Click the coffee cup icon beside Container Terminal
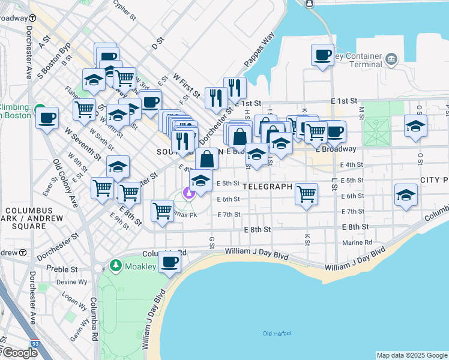pos(322,56)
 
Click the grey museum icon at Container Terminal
pos(391,59)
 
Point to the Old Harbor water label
pos(276,334)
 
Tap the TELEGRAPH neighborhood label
pos(268,187)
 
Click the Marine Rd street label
pos(357,243)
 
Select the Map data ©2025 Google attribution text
pos(412,355)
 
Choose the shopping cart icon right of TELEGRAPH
pos(306,194)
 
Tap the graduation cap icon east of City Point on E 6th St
pos(406,195)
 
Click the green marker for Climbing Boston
pos(40,108)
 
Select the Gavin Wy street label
pos(80,331)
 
